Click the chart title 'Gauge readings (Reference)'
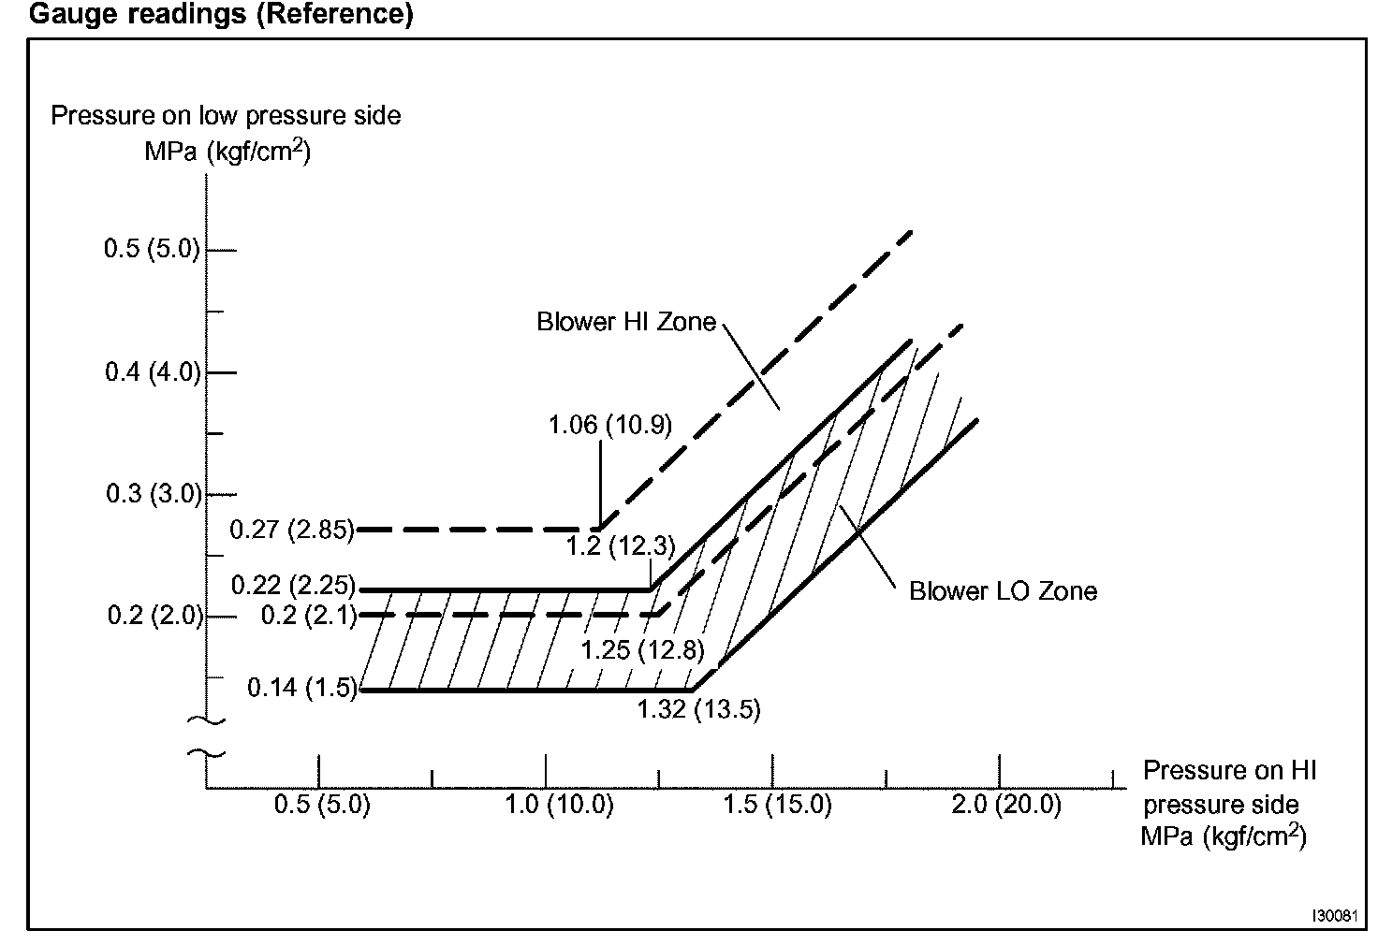(x=222, y=15)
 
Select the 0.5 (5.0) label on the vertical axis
(x=152, y=249)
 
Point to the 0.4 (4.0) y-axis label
(x=152, y=371)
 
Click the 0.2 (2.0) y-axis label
(x=154, y=616)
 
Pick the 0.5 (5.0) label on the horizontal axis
(x=322, y=805)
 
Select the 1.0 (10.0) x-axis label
(x=560, y=805)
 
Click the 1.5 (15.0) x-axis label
(x=778, y=805)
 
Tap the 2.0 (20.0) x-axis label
(x=1006, y=805)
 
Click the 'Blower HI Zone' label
(x=625, y=323)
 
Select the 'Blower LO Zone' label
(x=1003, y=591)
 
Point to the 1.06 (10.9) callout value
(x=609, y=425)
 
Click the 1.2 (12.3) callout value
(x=621, y=546)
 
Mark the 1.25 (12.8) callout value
(x=642, y=649)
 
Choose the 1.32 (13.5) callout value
(x=698, y=709)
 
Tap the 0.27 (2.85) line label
(x=292, y=530)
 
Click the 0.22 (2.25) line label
(x=293, y=587)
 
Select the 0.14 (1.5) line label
(x=302, y=689)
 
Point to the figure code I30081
(x=1334, y=915)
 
